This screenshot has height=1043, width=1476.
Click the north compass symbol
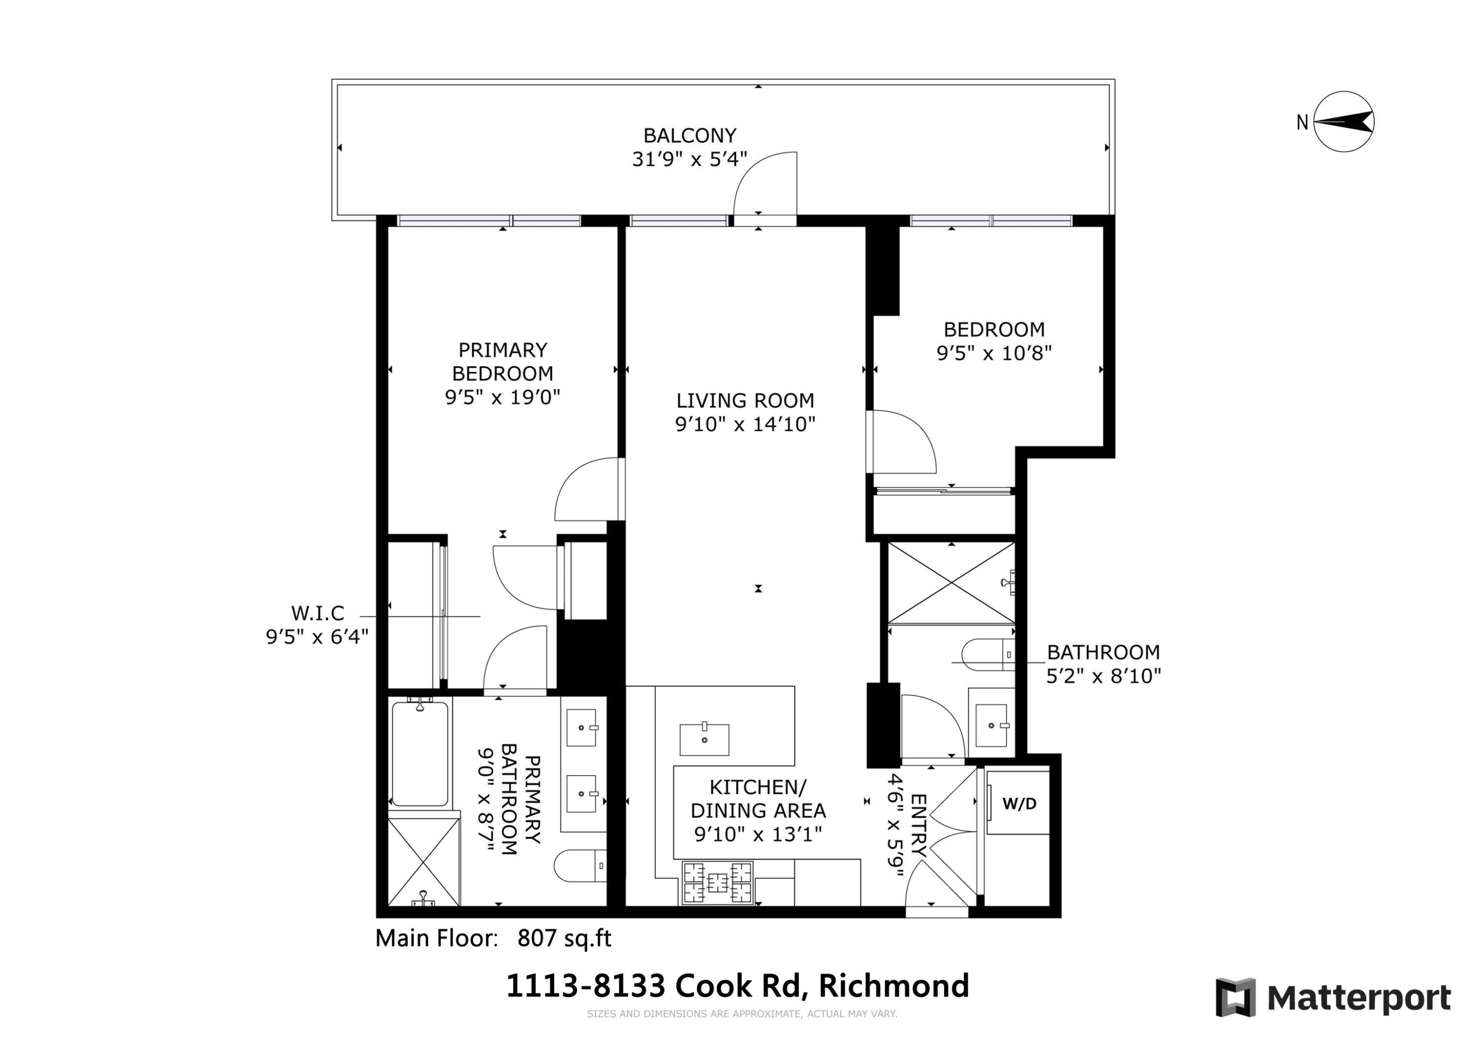tap(1343, 121)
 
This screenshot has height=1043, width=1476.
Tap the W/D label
tap(1019, 804)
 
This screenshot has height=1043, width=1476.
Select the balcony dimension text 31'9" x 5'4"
tap(689, 159)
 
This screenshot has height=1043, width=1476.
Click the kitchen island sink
tap(705, 739)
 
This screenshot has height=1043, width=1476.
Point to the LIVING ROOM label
tap(745, 400)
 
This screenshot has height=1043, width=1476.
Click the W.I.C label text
tap(317, 613)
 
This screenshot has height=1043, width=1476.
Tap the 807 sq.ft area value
tap(564, 938)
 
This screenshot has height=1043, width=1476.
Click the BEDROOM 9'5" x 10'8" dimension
tap(994, 353)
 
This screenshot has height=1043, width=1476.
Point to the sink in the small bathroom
tap(991, 725)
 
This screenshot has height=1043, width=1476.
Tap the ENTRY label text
tap(919, 825)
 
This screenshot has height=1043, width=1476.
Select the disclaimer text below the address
tap(741, 1014)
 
